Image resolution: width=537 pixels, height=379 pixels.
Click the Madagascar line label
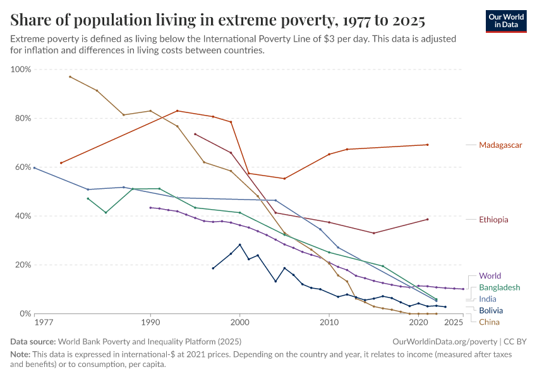(500, 145)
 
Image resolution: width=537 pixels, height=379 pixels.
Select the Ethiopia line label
(493, 220)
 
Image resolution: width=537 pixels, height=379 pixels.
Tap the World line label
(490, 276)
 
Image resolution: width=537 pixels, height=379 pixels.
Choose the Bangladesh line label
(500, 287)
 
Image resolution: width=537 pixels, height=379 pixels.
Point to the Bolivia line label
(491, 311)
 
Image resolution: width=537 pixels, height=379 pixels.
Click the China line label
(490, 322)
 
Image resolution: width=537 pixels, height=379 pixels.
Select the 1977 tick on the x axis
(44, 323)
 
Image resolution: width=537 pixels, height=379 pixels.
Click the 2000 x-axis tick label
(240, 323)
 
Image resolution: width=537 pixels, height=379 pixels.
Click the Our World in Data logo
(507, 21)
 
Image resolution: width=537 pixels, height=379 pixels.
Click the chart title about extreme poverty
(217, 20)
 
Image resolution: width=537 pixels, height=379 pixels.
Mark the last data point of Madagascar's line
(428, 145)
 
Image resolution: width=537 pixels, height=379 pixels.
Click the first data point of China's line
(70, 76)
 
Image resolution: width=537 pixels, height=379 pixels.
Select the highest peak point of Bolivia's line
(240, 244)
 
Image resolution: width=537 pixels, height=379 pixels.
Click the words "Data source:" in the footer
(35, 341)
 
